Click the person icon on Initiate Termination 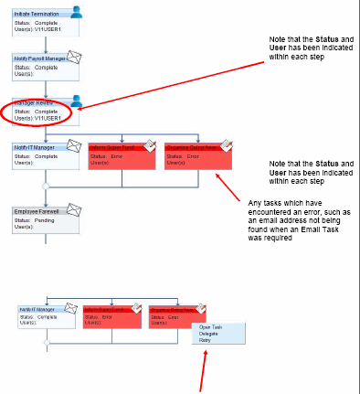tap(77, 13)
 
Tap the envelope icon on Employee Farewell tap(75, 208)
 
